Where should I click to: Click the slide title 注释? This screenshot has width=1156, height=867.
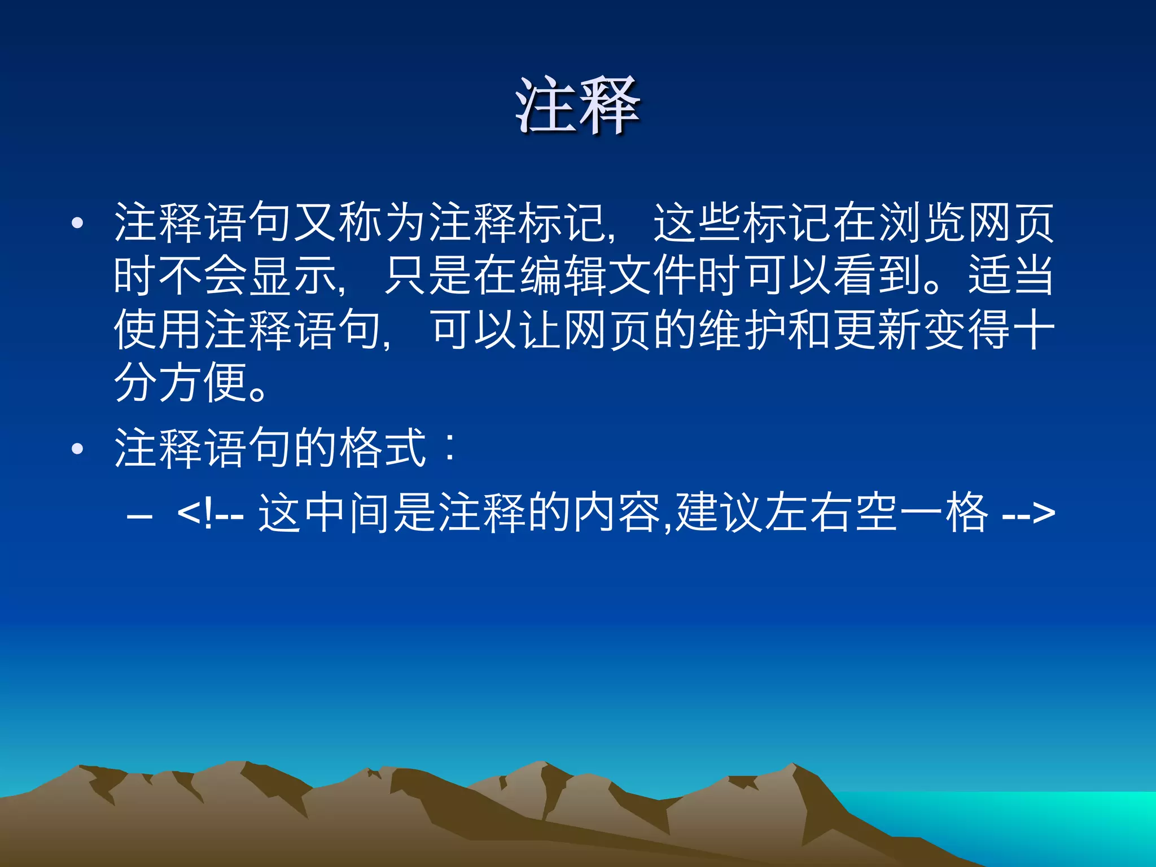pos(577,106)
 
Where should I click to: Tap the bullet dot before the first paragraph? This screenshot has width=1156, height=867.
pos(78,223)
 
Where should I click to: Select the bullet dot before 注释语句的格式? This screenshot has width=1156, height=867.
pos(78,449)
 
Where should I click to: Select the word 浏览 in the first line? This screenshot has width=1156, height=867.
pos(922,223)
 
